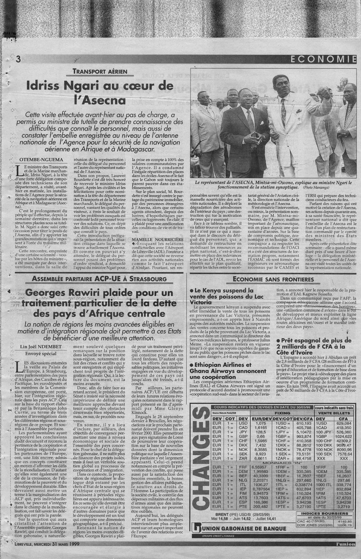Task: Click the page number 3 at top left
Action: (x=18, y=59)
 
